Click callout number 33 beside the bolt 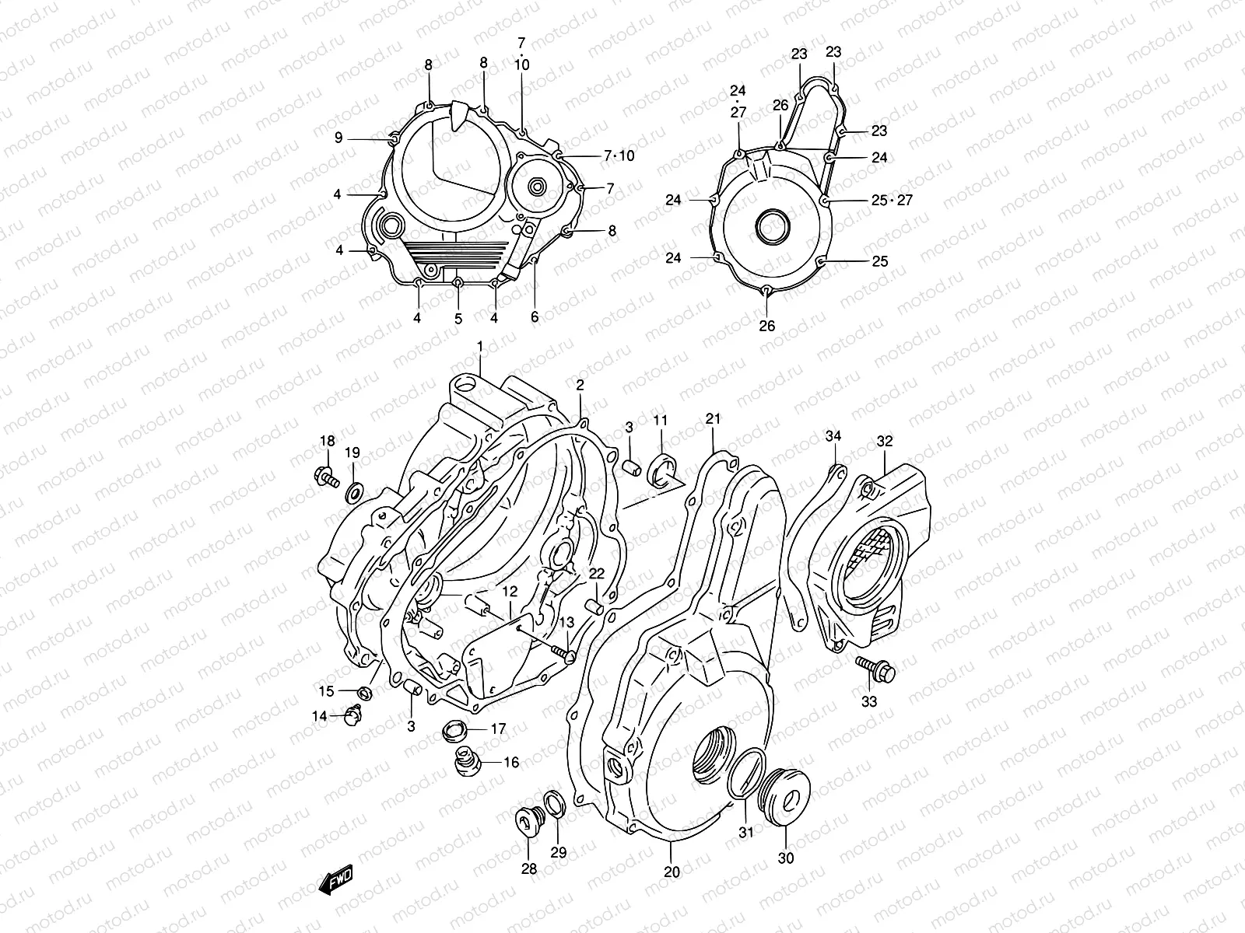coord(869,701)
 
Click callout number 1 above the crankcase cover coord(480,345)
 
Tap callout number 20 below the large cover coord(672,872)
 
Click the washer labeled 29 coord(556,805)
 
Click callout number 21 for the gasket coord(714,419)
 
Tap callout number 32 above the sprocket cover coord(885,441)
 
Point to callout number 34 coord(833,436)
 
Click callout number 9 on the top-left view coord(338,138)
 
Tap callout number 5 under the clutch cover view coord(458,318)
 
